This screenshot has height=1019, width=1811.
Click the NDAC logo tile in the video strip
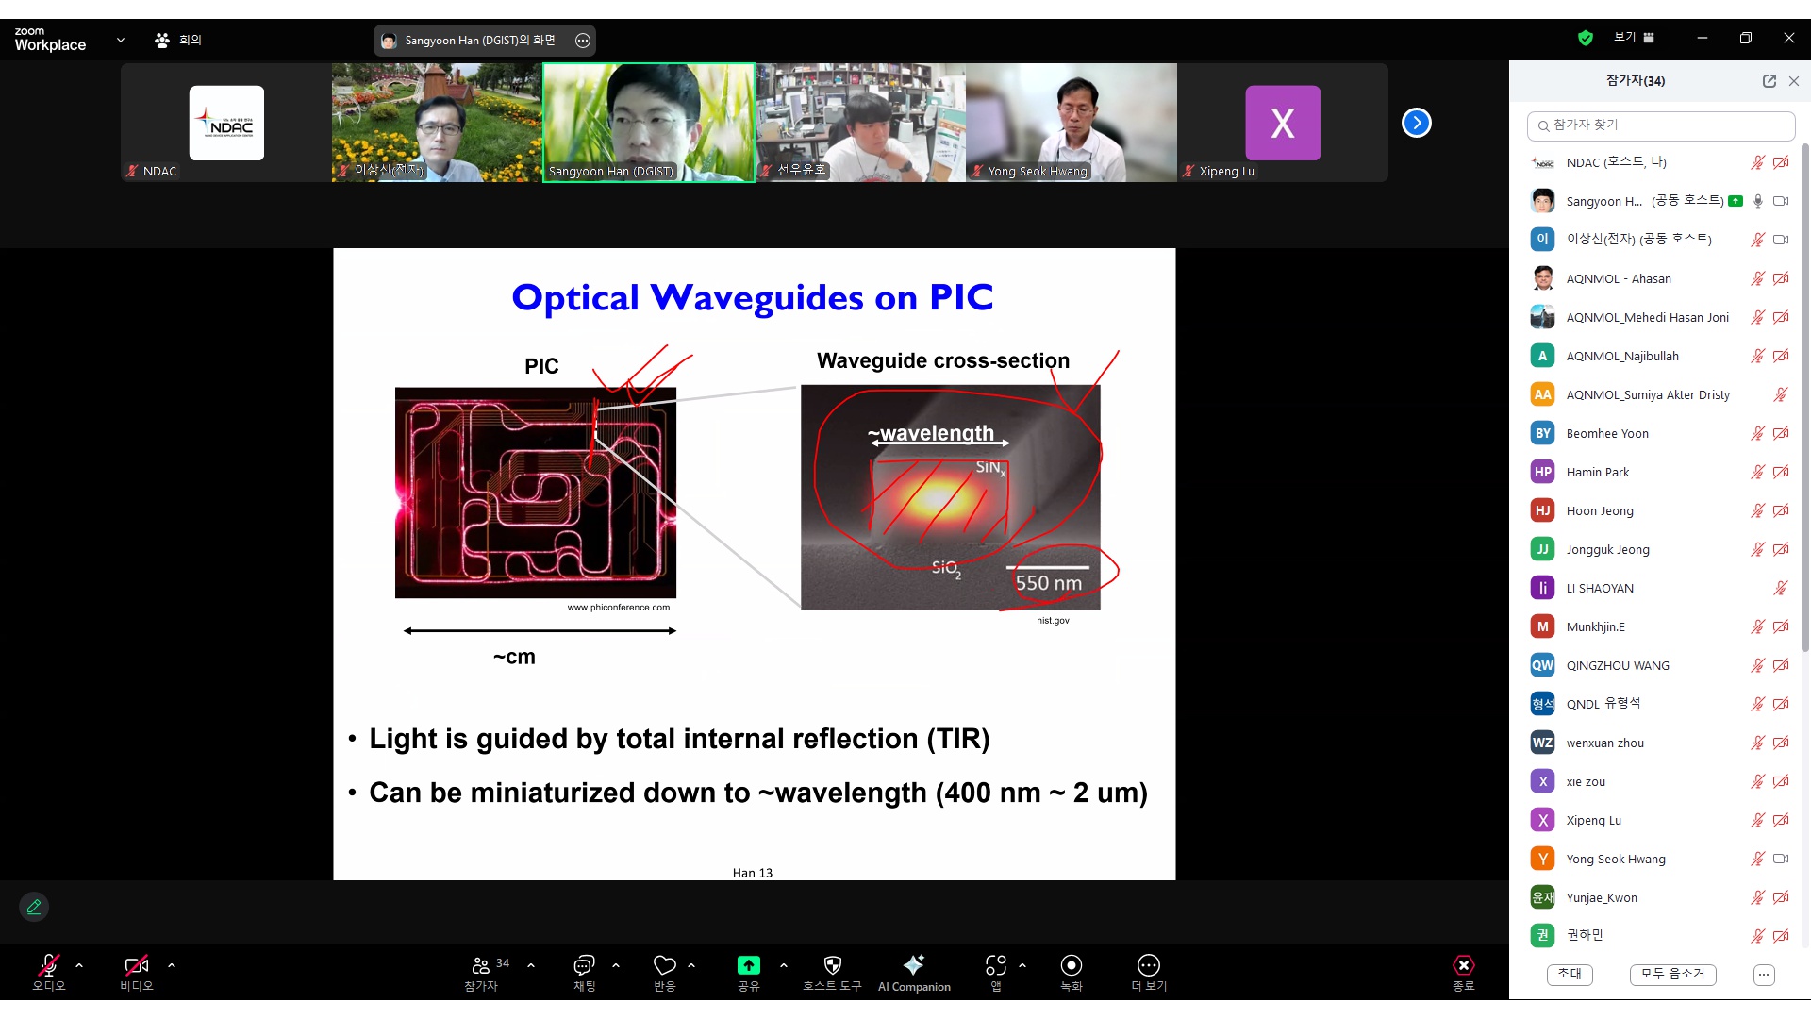coord(226,123)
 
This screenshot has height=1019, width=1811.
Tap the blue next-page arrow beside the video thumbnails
coord(1416,123)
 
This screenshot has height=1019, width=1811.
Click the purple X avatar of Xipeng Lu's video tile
coord(1283,123)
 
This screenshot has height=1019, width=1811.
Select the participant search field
coord(1660,125)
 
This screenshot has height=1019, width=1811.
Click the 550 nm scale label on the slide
coord(1048,583)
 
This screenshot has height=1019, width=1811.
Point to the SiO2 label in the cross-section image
coord(946,568)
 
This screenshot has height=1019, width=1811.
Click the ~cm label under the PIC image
coord(514,657)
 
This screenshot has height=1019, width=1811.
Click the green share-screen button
coord(748,964)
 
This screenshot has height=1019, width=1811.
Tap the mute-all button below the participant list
coord(1672,974)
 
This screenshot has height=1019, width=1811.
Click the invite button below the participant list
coord(1570,974)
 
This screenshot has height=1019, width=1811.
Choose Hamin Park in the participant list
coord(1598,472)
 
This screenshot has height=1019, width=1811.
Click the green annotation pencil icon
coord(34,907)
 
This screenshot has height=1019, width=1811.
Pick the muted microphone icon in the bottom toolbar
coord(48,964)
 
